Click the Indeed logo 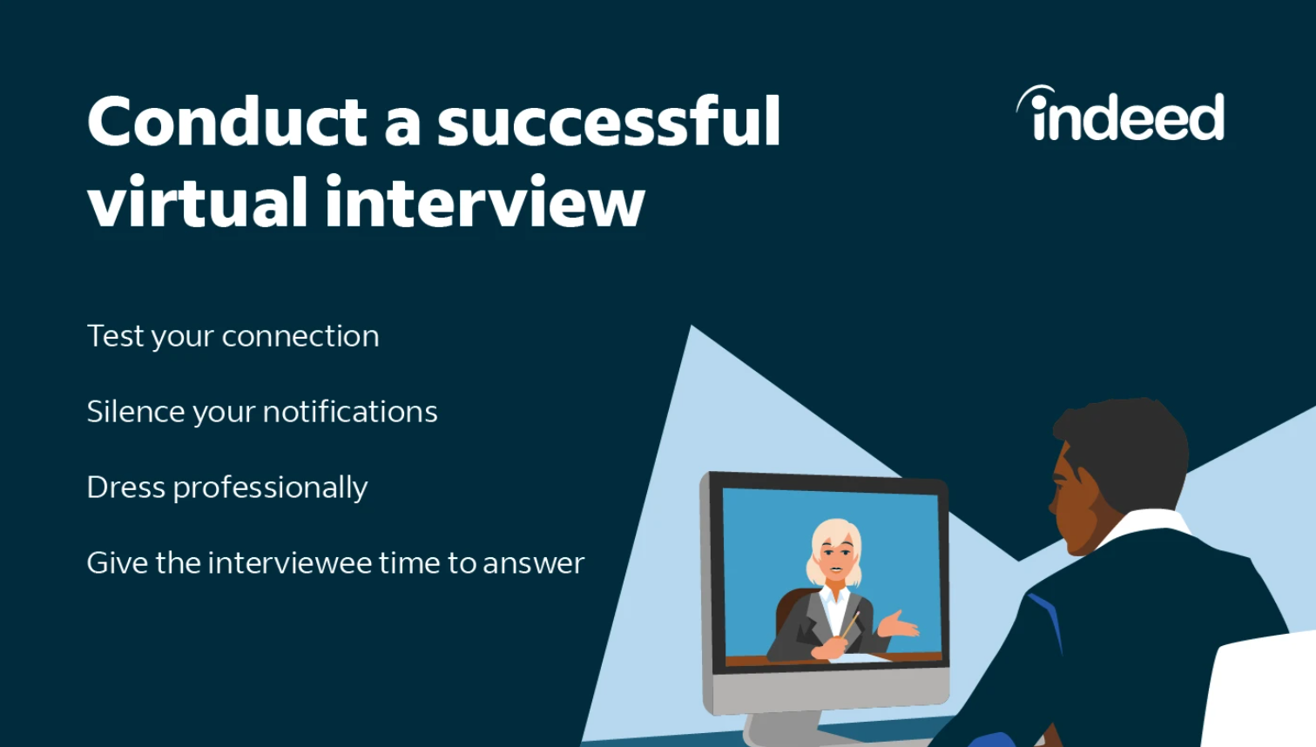point(1123,115)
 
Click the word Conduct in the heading point(226,122)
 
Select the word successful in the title point(608,122)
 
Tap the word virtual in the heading point(198,203)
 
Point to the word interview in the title point(484,203)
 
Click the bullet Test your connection point(233,336)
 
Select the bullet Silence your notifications point(261,412)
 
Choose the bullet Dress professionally point(226,488)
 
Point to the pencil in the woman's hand point(849,624)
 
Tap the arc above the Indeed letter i point(1034,94)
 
